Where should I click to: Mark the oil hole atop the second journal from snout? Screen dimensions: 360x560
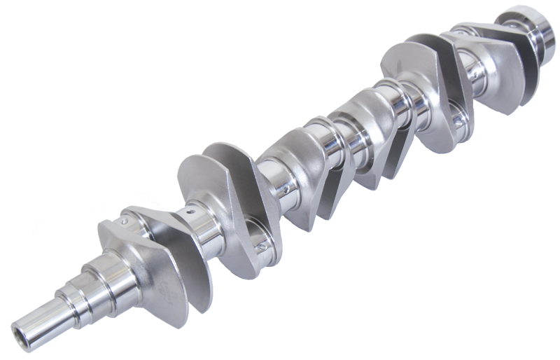(x=190, y=209)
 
